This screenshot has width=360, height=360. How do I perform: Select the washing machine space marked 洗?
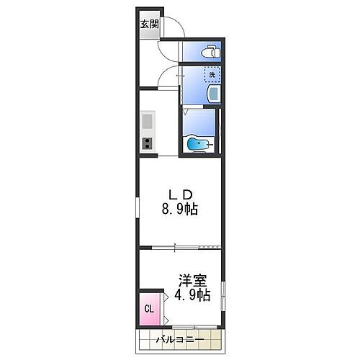click(212, 73)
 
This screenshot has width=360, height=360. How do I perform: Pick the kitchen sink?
click(148, 120)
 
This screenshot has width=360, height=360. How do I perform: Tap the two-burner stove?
click(147, 143)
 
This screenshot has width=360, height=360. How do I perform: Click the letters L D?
click(180, 194)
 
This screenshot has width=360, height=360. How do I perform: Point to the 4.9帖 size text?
click(192, 295)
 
